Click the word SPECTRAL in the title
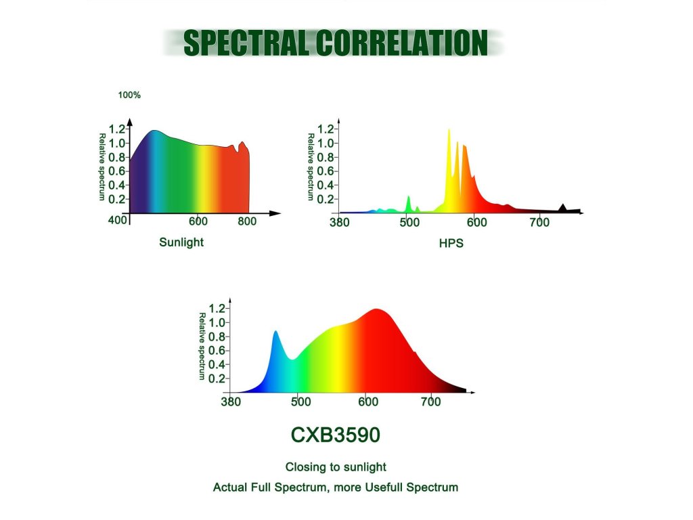(245, 43)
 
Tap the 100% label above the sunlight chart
(129, 95)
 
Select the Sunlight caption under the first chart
(181, 242)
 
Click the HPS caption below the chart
(451, 243)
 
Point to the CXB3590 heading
(336, 435)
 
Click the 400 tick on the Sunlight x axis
(117, 220)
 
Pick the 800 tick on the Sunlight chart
(246, 221)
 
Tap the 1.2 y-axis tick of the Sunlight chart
(117, 129)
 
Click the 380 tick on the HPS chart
(340, 222)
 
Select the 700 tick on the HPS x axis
(539, 222)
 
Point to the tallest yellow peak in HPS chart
(449, 130)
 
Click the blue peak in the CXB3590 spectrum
(276, 332)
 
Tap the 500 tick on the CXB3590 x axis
(300, 402)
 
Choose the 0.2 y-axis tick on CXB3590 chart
(217, 378)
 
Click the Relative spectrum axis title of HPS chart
(311, 167)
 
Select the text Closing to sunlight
(336, 467)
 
